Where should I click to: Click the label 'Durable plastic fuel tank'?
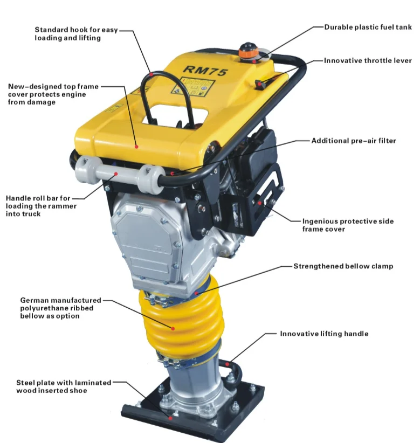[368, 27]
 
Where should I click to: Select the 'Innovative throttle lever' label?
[368, 61]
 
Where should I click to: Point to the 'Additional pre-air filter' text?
[353, 141]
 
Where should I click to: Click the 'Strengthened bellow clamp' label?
[343, 266]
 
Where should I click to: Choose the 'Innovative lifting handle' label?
[323, 334]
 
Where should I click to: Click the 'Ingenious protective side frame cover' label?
[348, 225]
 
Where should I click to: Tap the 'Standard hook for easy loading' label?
[75, 34]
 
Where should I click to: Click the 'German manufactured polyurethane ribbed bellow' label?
[60, 308]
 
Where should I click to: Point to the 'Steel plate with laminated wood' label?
[63, 386]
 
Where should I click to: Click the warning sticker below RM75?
[198, 88]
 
